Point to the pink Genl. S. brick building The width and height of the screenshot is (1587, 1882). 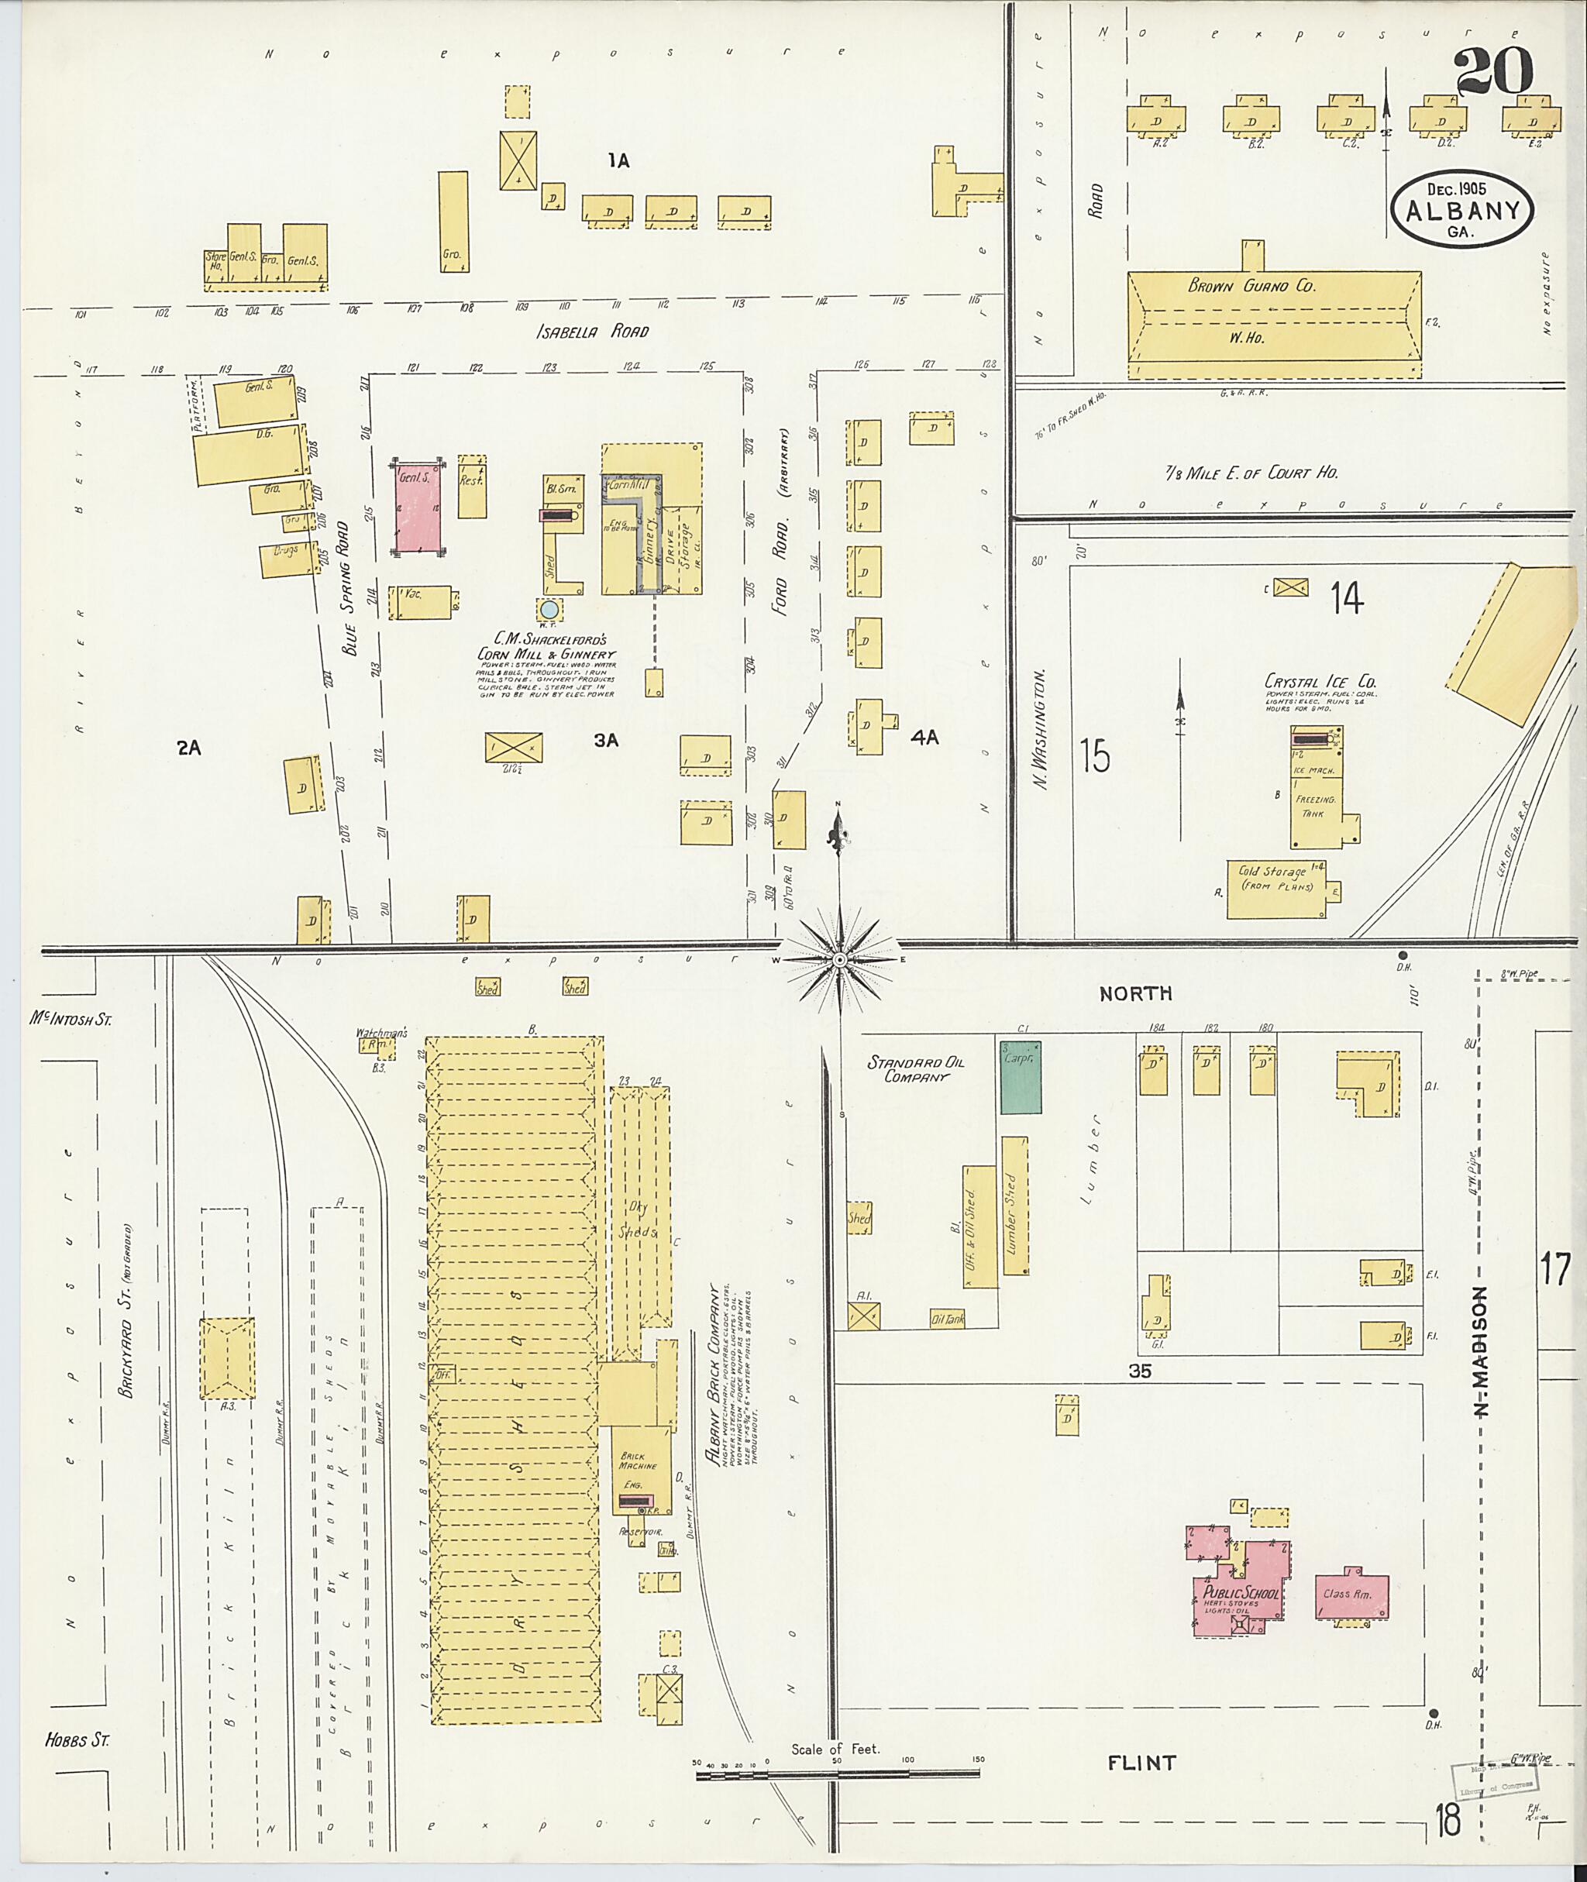point(418,510)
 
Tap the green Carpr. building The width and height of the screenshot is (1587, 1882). point(1021,1077)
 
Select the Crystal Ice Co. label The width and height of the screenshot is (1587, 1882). point(1320,681)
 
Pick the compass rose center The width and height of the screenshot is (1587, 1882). point(838,961)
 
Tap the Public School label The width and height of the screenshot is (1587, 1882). point(1241,1594)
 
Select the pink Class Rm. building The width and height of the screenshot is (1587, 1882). point(1351,1596)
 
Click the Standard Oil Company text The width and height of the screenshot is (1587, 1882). point(916,1068)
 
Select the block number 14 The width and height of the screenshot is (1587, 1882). point(1347,598)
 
